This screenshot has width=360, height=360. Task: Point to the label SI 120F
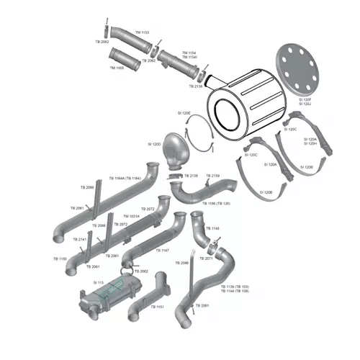(x=305, y=100)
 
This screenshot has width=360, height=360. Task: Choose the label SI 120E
(x=185, y=112)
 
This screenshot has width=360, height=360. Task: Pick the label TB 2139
(x=212, y=176)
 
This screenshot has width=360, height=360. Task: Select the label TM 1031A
(x=131, y=216)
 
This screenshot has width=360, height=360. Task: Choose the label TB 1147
(x=163, y=250)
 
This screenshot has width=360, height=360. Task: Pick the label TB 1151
(x=158, y=307)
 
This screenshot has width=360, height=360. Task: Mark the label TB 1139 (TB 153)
(x=235, y=286)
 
